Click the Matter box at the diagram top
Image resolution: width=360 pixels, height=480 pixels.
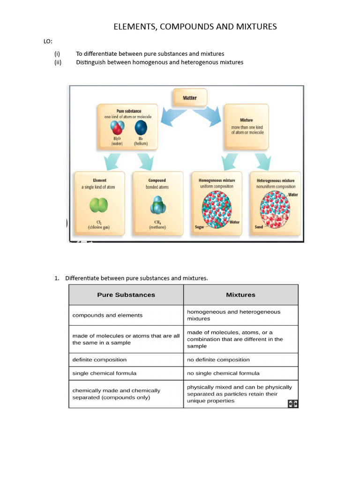(x=190, y=98)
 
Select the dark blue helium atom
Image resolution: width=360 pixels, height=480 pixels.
(x=141, y=128)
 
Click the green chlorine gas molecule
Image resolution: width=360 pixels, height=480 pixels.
(x=99, y=205)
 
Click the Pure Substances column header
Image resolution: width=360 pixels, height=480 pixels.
(x=126, y=295)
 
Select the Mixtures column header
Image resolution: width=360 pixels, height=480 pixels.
(x=240, y=295)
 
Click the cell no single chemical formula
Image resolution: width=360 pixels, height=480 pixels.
(x=223, y=373)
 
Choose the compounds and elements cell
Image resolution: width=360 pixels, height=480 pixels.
(x=107, y=315)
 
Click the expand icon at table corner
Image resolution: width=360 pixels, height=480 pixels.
(x=292, y=404)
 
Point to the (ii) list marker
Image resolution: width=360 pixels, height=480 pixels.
(x=58, y=62)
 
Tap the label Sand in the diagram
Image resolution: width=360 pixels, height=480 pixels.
(x=259, y=227)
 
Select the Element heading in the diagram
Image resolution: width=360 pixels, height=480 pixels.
(x=99, y=180)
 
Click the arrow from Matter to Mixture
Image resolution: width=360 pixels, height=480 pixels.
(x=207, y=116)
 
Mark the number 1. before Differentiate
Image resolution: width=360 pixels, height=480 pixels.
(x=57, y=278)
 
